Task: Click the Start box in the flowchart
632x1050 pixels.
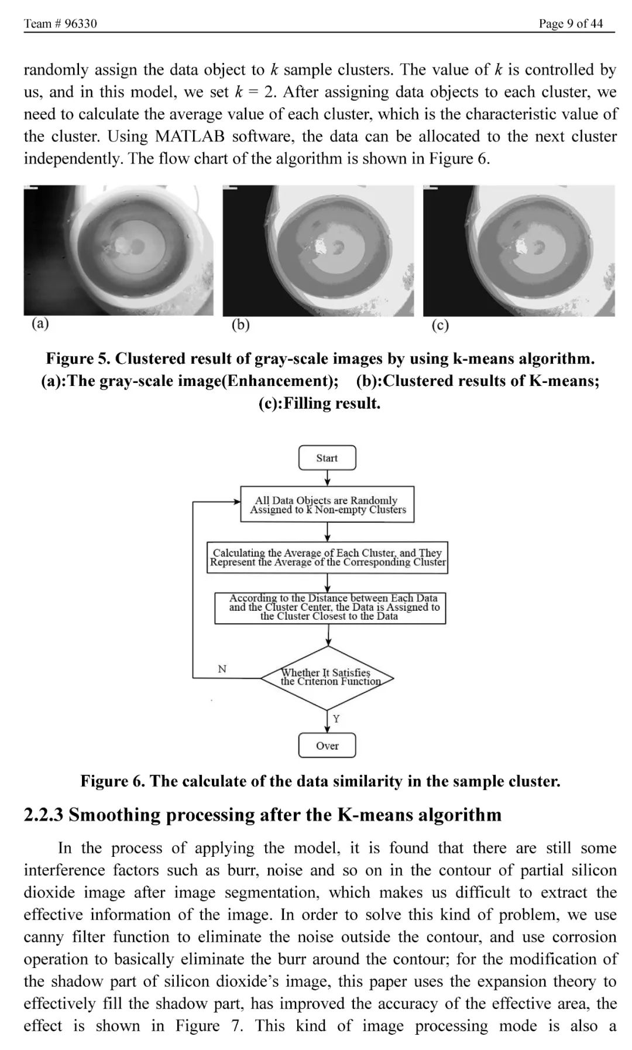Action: click(x=327, y=458)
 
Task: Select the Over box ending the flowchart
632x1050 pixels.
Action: click(x=327, y=745)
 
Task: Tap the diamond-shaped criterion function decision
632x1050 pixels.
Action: click(x=328, y=678)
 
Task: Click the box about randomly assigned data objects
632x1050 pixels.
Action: click(x=328, y=504)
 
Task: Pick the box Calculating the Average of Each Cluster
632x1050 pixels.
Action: click(x=328, y=558)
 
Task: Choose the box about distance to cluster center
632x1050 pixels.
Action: click(x=330, y=607)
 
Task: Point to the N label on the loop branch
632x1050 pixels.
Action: click(x=222, y=669)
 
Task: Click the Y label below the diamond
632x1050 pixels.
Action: click(x=336, y=719)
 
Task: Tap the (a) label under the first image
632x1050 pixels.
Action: click(x=40, y=324)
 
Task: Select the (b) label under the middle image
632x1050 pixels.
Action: click(x=241, y=325)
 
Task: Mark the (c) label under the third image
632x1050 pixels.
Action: click(x=440, y=326)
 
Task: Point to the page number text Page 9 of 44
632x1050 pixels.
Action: click(x=571, y=23)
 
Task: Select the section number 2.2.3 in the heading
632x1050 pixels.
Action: click(x=43, y=815)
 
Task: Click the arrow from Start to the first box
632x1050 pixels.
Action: click(x=328, y=478)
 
